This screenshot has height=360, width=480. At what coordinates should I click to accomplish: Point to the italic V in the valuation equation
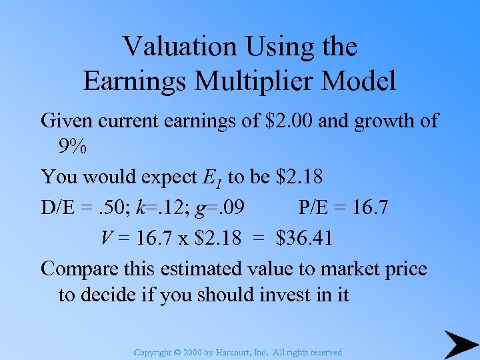(107, 237)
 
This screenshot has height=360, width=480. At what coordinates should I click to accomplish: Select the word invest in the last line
(286, 295)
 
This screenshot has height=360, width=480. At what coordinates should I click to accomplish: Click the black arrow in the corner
(459, 344)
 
